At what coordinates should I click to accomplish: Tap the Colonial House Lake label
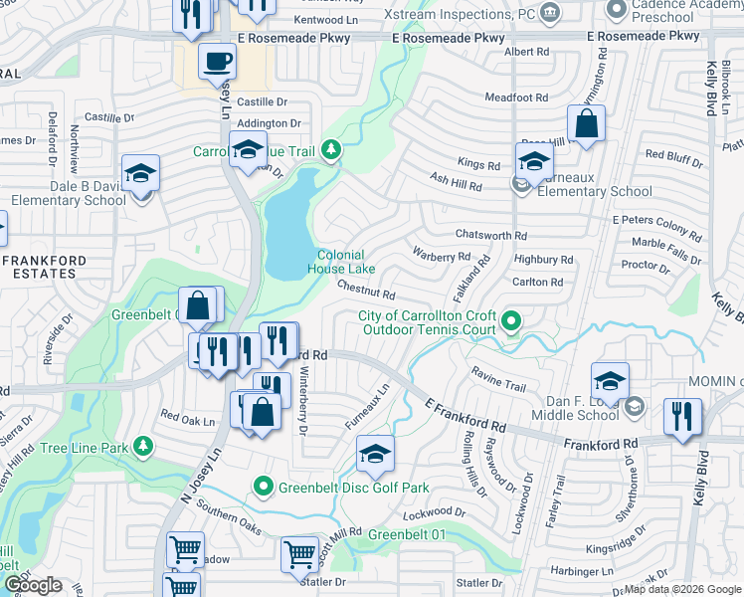coord(341,262)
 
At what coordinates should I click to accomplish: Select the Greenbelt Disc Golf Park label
coord(353,488)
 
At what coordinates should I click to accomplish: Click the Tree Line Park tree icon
coord(145,445)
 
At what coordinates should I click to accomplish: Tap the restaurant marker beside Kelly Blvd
coord(682,415)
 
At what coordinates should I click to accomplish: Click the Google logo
coord(33,585)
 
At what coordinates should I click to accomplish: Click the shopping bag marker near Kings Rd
coord(587,124)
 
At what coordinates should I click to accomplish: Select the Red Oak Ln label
coord(188,420)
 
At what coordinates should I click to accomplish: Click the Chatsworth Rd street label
coord(490,235)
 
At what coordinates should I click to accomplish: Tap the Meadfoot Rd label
coord(516,98)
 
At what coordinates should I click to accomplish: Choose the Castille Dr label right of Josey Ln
coord(262,101)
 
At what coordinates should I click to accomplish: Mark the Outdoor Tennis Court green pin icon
coord(511,320)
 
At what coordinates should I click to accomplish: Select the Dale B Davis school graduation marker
coord(141,173)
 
